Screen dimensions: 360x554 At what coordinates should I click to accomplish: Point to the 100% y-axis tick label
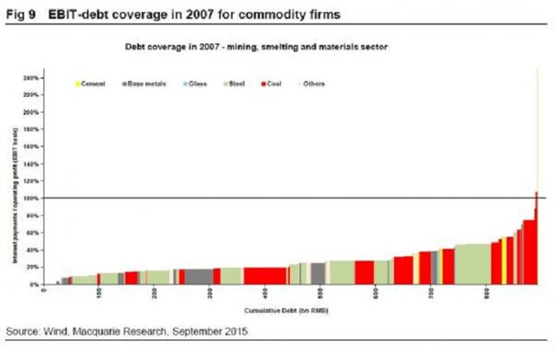pos(31,198)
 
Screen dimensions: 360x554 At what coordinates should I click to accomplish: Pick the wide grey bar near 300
pos(198,276)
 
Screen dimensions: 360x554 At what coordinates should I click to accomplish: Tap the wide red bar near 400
pos(265,275)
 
